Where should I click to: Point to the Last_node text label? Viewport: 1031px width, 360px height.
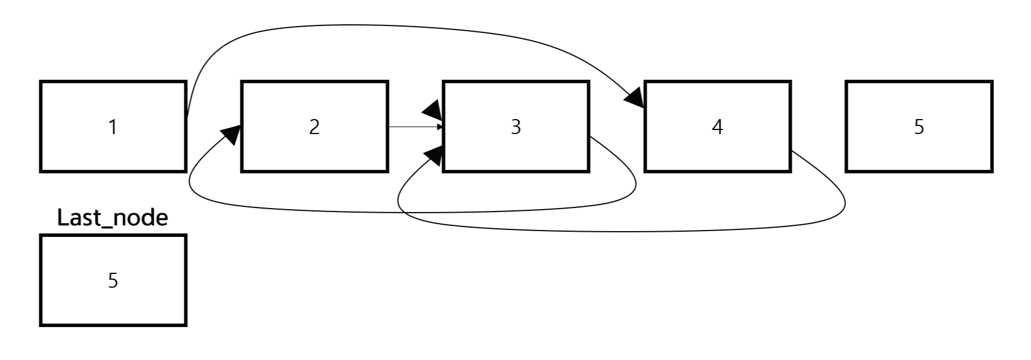click(x=113, y=218)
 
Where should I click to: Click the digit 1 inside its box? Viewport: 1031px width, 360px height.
click(x=113, y=127)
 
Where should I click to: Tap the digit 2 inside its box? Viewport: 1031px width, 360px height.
click(x=314, y=127)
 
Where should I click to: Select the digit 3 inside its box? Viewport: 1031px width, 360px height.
click(x=515, y=127)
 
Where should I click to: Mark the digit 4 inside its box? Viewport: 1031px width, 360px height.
click(x=717, y=127)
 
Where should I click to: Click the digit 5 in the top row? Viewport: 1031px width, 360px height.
click(x=919, y=127)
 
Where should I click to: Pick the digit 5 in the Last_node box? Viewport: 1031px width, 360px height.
click(x=113, y=280)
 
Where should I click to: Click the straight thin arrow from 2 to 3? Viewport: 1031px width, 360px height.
click(x=413, y=127)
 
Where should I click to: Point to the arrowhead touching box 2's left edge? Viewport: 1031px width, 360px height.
click(x=231, y=135)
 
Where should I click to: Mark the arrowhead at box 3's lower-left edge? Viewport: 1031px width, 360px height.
click(x=435, y=155)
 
